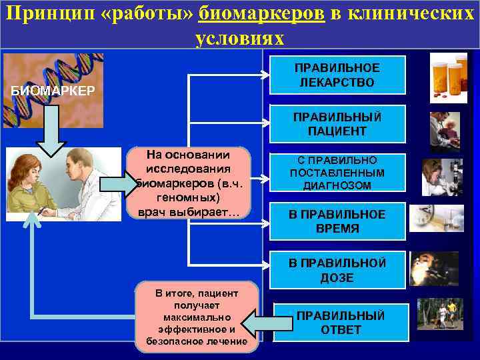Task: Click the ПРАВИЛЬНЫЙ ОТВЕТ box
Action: coord(340,323)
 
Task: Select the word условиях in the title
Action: coord(240,38)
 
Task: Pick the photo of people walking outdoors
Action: coord(439,313)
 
